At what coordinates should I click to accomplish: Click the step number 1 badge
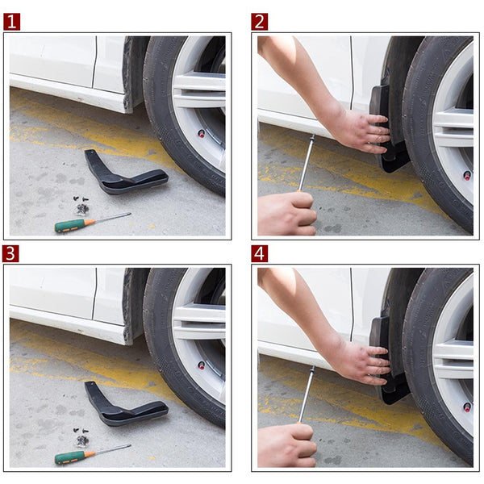click(x=11, y=22)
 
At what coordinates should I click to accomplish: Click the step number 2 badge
click(x=259, y=22)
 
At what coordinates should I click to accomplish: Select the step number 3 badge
click(x=11, y=253)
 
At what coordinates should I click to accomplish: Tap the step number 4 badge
click(x=259, y=253)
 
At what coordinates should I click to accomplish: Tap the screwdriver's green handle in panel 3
click(x=70, y=457)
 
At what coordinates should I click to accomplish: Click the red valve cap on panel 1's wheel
click(x=202, y=133)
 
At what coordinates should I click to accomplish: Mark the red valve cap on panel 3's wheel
click(x=202, y=365)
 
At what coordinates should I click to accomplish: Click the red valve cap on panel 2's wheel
click(x=466, y=175)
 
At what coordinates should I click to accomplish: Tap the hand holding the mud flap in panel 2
click(x=363, y=129)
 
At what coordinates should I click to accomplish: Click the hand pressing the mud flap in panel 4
click(x=363, y=361)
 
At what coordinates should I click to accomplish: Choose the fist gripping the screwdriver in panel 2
click(x=286, y=214)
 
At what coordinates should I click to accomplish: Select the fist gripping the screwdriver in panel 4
click(x=286, y=445)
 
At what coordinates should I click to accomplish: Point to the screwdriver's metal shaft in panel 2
click(x=307, y=161)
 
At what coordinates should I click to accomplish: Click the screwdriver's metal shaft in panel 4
click(x=307, y=394)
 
